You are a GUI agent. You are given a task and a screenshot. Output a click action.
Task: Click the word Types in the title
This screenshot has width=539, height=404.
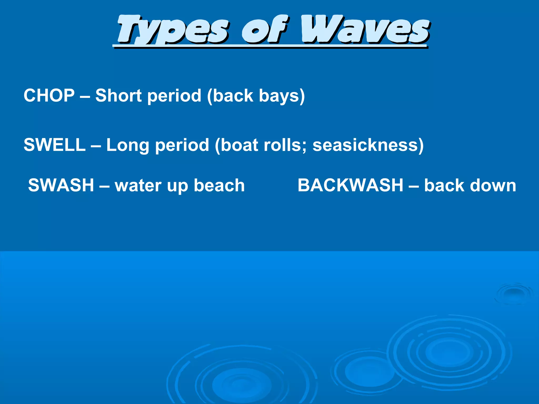coord(172,29)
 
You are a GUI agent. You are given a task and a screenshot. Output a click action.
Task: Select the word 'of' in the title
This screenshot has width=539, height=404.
coord(264,29)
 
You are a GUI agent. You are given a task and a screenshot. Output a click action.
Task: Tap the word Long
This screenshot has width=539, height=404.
coord(128,145)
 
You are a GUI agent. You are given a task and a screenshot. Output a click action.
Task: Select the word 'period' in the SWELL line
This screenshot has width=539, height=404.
coord(182,145)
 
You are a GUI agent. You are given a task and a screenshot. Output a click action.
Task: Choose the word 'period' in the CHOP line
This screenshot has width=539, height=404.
coord(174,96)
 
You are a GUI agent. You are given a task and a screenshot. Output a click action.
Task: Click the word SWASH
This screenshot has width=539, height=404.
coord(61,185)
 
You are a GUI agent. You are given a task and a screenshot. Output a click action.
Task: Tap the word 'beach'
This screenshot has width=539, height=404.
coord(219,185)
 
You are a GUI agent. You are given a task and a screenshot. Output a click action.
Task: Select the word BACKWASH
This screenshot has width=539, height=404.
coord(350,185)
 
